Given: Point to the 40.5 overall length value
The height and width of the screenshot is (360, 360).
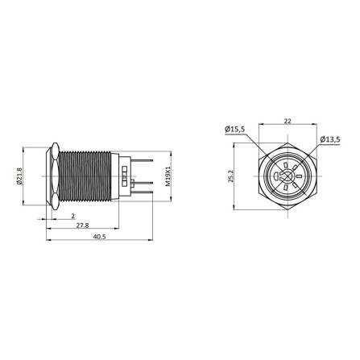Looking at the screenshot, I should pyautogui.click(x=99, y=238).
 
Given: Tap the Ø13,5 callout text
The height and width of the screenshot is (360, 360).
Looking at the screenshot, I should pyautogui.click(x=329, y=139).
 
